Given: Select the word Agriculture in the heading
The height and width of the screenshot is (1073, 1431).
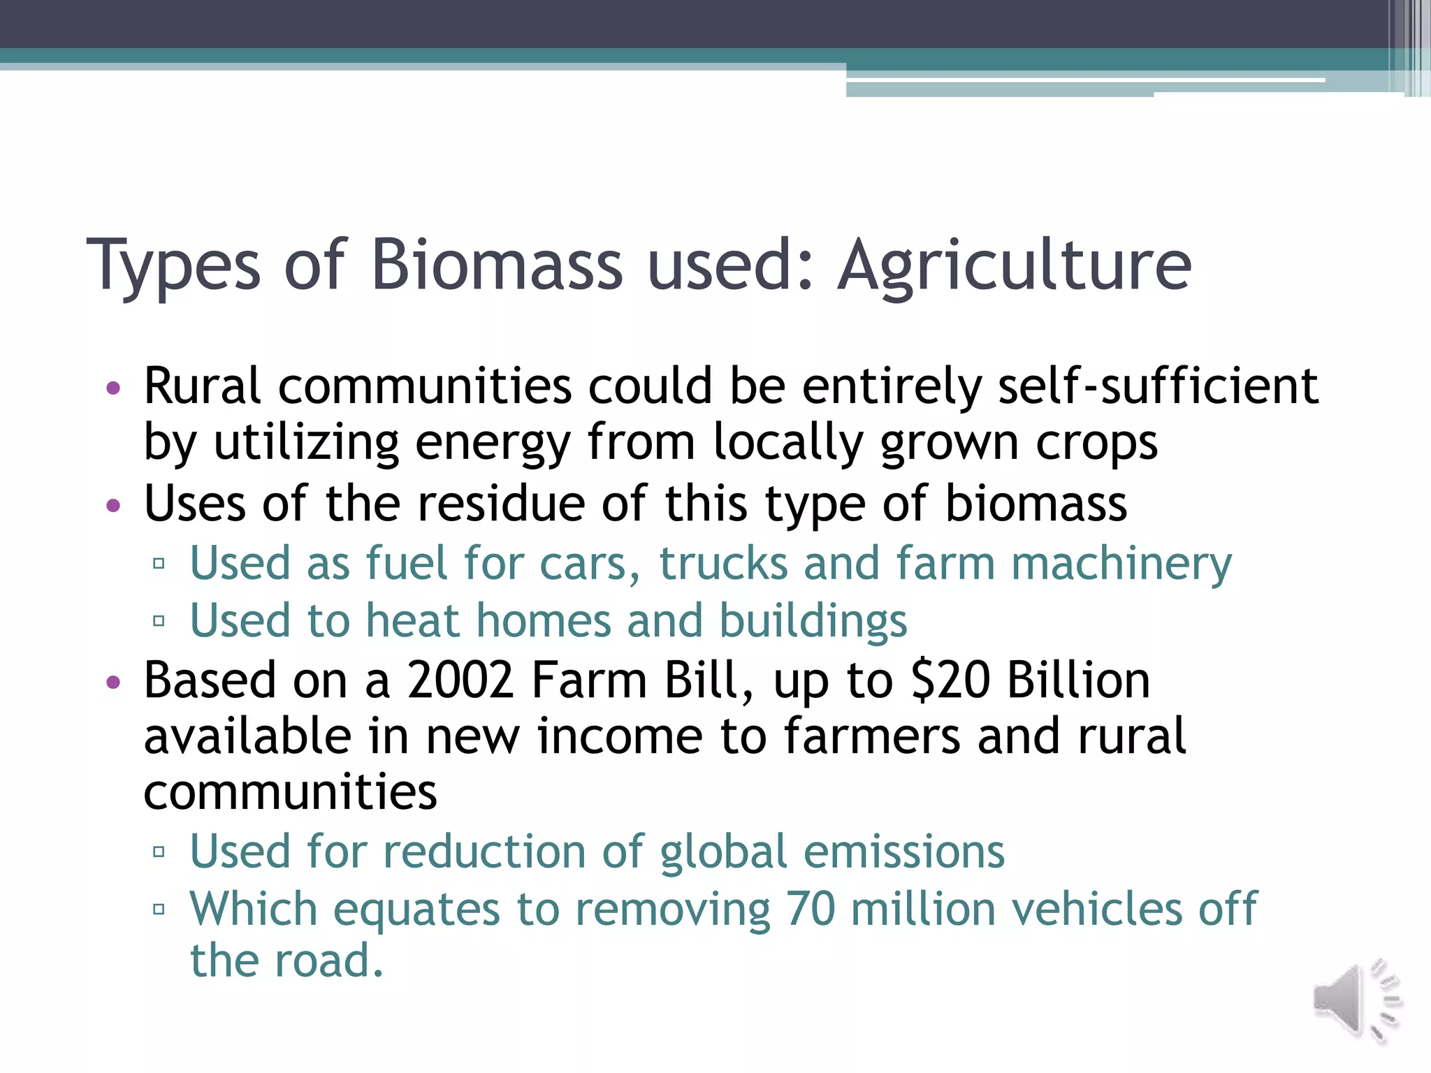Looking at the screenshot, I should [1015, 265].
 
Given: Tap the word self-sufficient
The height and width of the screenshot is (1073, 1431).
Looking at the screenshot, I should [1158, 386].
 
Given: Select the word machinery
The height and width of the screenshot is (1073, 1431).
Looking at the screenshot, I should [1121, 564].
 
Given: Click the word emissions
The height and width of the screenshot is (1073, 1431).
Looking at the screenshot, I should [904, 852].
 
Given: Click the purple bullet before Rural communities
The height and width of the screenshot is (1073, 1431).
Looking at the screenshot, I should [113, 387].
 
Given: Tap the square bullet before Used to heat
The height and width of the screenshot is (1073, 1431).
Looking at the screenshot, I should [159, 620].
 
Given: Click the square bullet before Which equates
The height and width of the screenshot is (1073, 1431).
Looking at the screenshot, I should [159, 909].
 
